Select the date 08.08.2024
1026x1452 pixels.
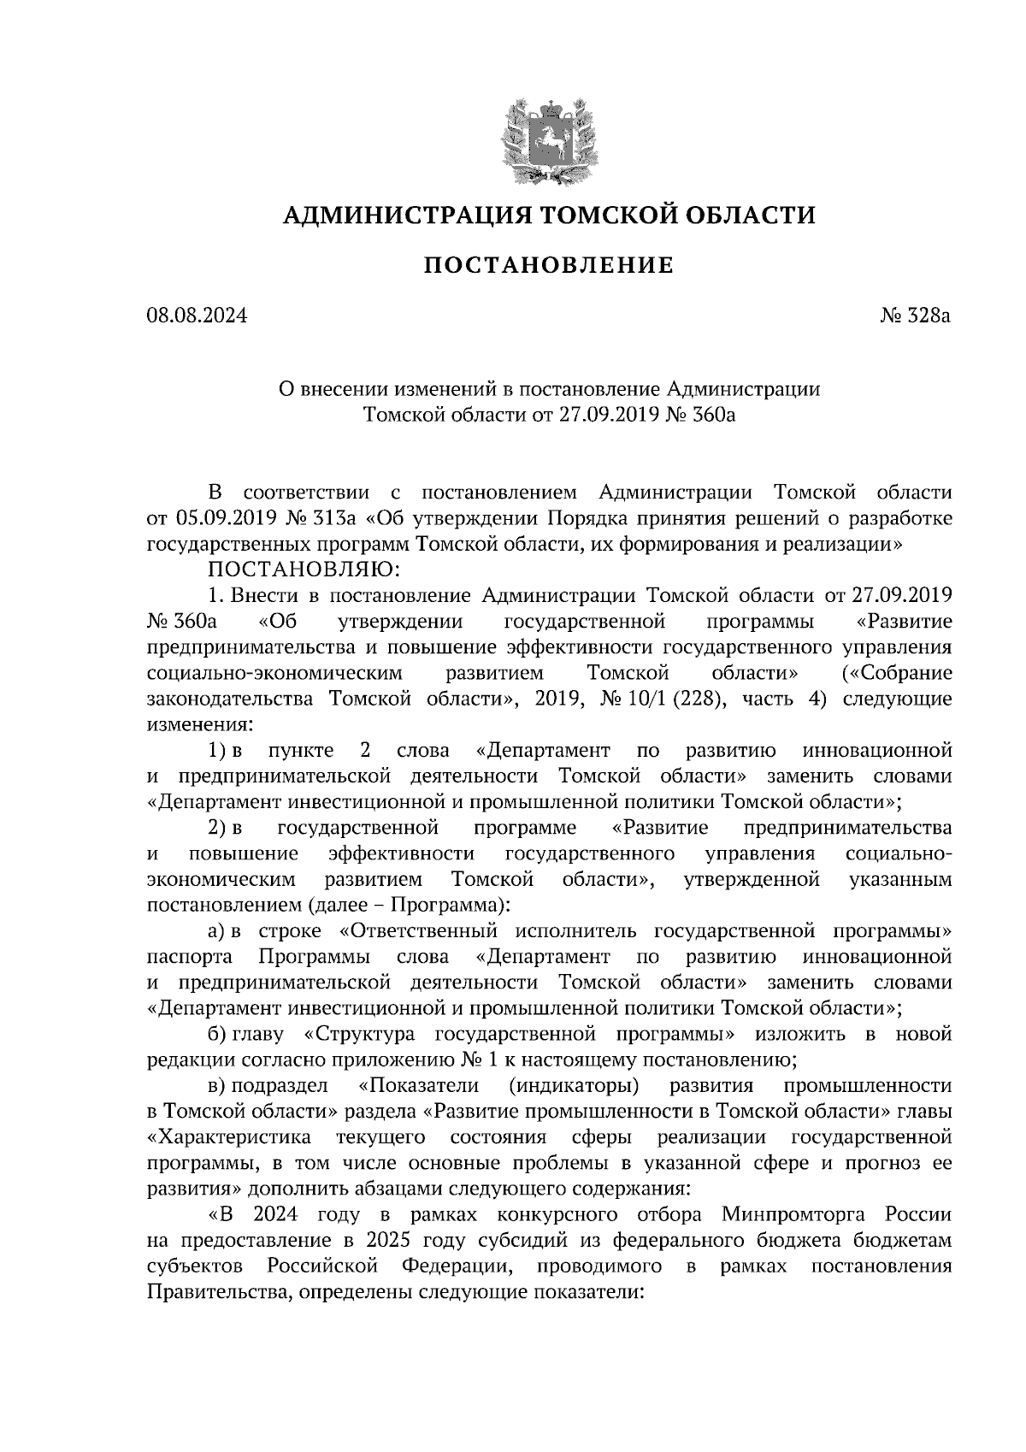198,316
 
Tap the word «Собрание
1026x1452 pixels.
898,673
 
